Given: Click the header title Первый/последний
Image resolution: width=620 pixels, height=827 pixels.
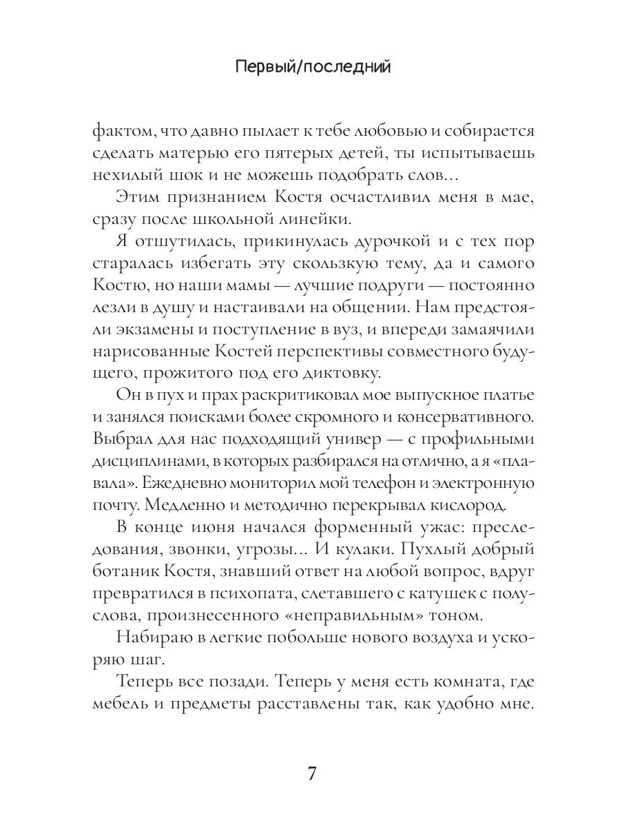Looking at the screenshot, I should click(313, 67).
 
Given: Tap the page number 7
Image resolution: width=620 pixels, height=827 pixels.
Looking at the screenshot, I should click(311, 773).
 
